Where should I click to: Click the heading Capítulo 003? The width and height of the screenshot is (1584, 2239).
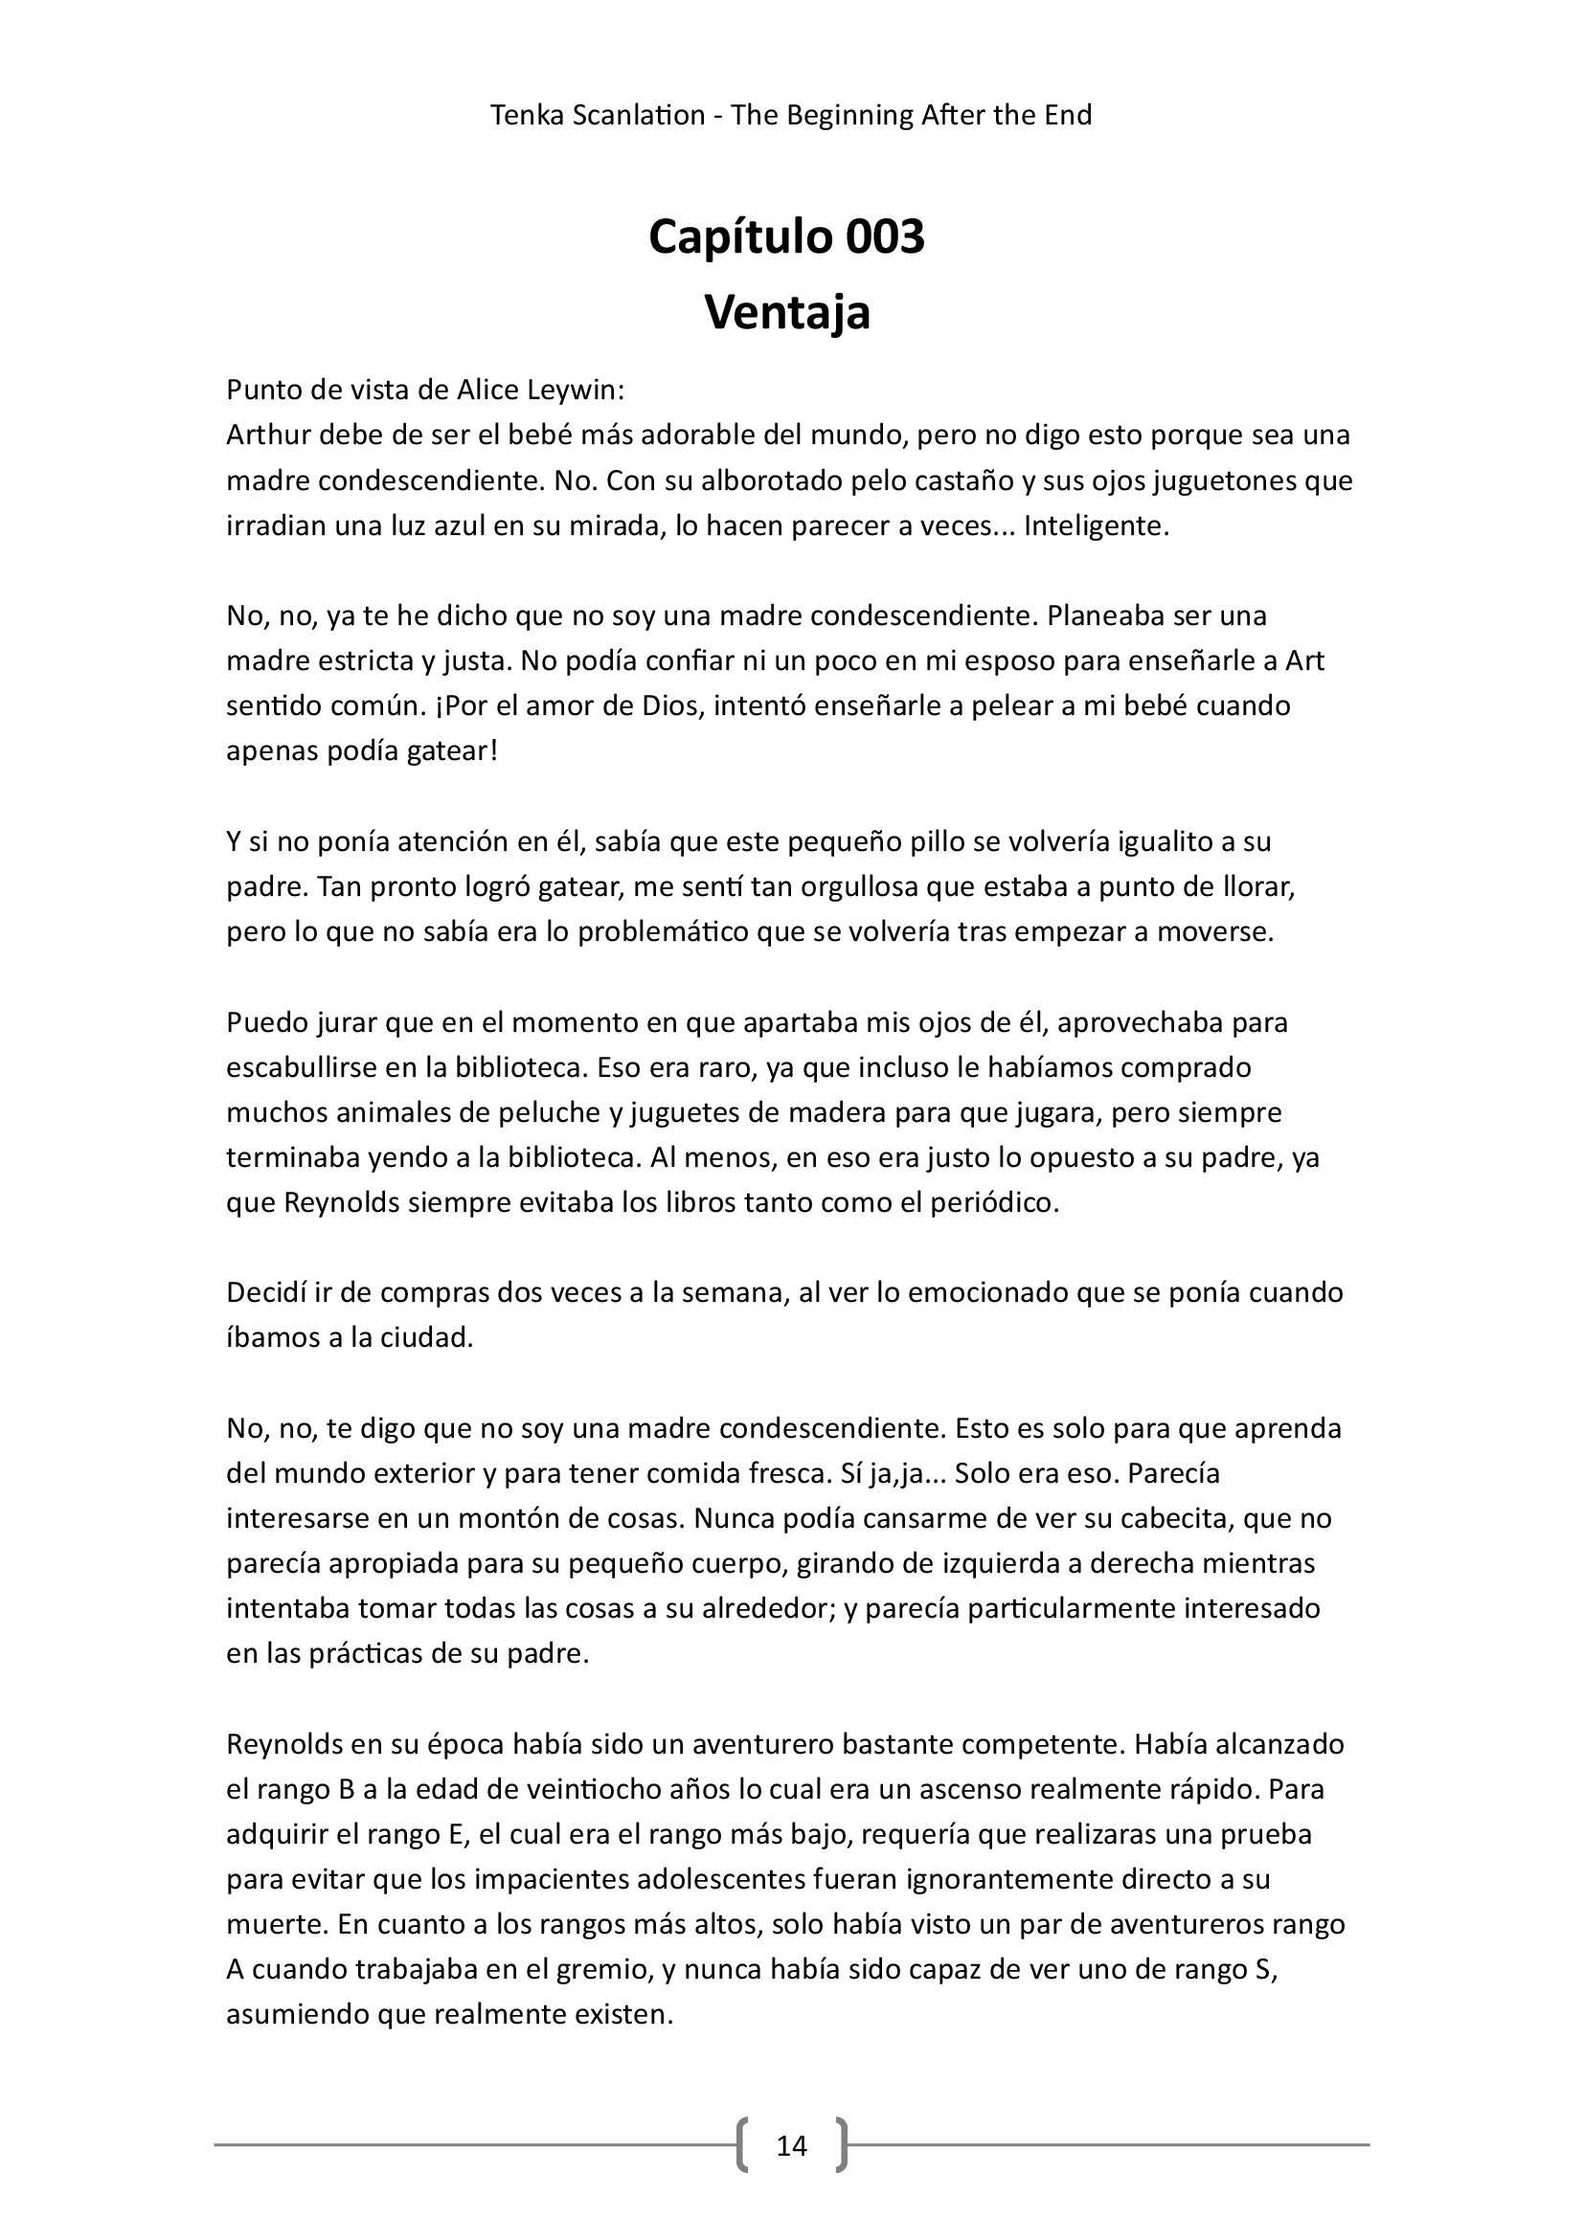(786, 237)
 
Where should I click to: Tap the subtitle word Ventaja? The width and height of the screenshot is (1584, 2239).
(787, 312)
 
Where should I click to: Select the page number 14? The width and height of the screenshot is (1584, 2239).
(791, 2144)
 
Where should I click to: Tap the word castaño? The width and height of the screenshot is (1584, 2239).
(997, 481)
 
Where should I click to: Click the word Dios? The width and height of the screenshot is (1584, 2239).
(669, 705)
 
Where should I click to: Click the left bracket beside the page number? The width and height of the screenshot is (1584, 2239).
(745, 2144)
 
